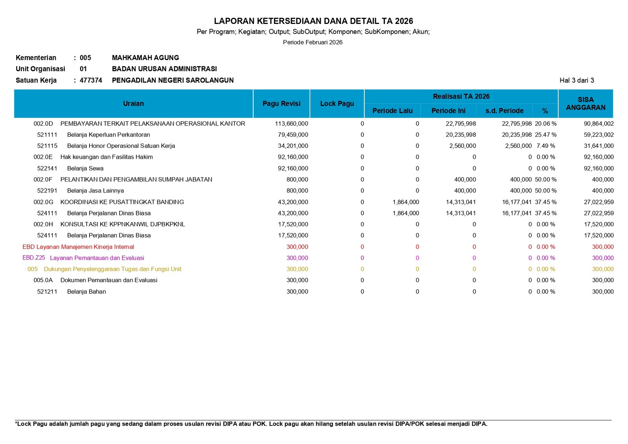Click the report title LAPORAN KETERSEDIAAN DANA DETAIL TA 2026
(x=313, y=21)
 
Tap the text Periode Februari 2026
(x=312, y=42)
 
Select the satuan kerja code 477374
(x=91, y=80)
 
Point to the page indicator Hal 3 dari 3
(x=577, y=80)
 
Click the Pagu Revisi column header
(x=281, y=104)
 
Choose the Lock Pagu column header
(x=337, y=104)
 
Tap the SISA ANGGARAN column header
(x=586, y=104)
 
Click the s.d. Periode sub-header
(x=504, y=111)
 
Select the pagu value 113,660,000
(x=291, y=124)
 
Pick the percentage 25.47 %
(x=546, y=135)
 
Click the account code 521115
(x=47, y=146)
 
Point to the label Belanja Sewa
(x=85, y=169)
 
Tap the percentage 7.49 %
(x=546, y=146)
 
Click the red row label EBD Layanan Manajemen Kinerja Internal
(x=78, y=247)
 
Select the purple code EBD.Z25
(x=34, y=258)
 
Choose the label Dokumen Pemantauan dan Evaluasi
(x=109, y=280)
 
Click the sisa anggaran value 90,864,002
(x=599, y=124)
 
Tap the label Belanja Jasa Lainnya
(x=95, y=191)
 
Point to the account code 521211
(x=47, y=292)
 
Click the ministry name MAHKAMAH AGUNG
(x=145, y=58)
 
